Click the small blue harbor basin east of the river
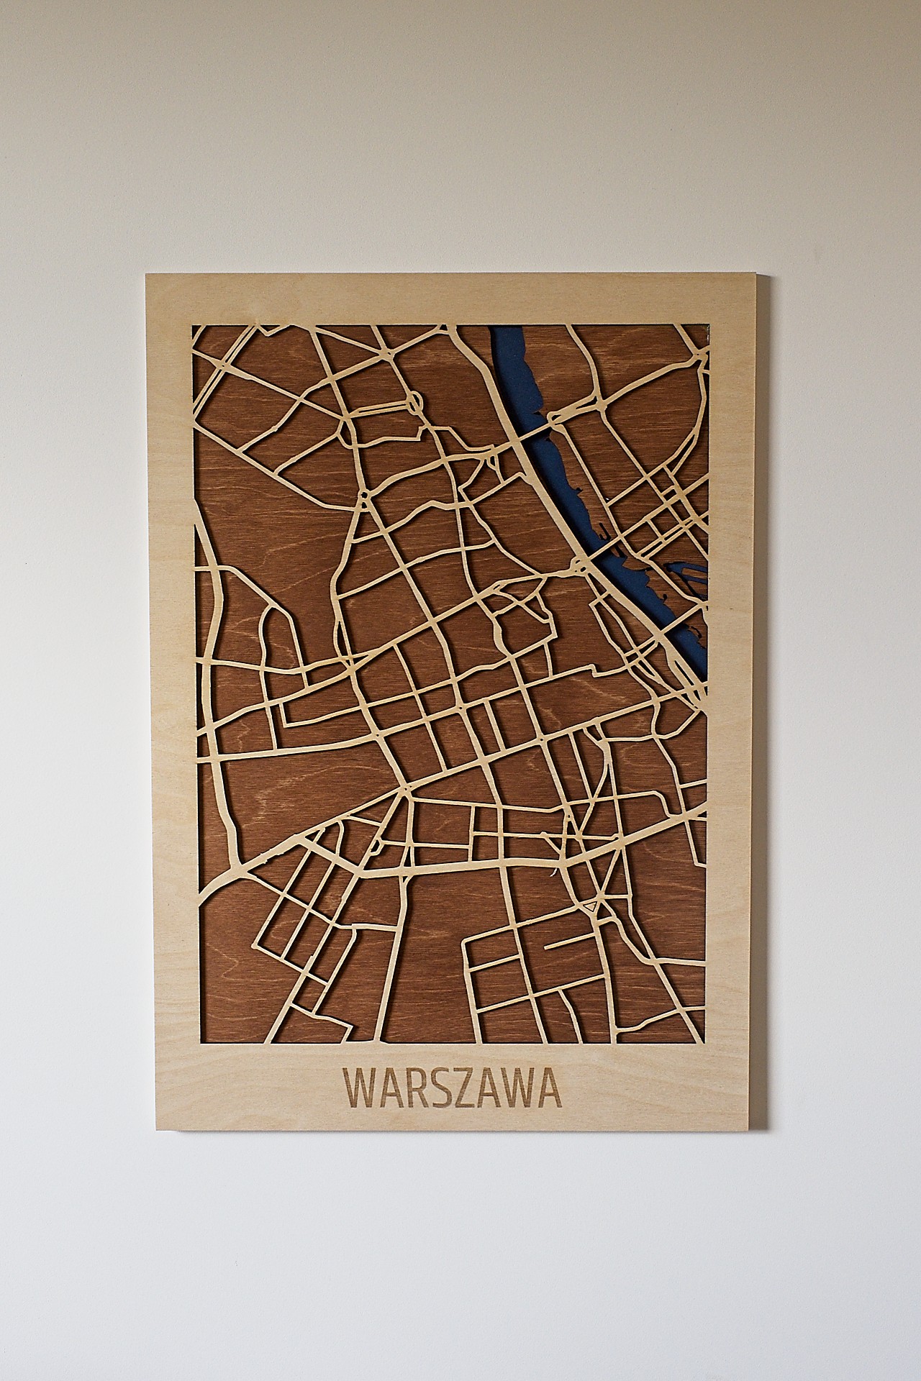(x=691, y=575)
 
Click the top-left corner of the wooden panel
(x=146, y=274)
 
